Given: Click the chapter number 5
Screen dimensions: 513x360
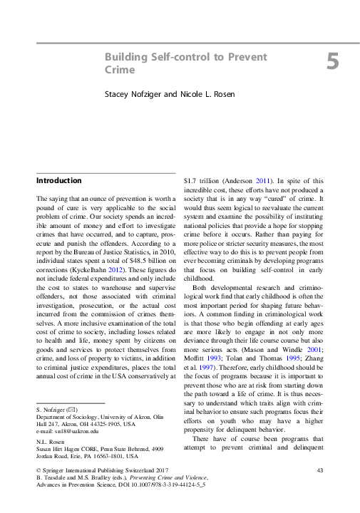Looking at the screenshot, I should click(333, 62).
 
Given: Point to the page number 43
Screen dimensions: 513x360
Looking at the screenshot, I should click(320, 491).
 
